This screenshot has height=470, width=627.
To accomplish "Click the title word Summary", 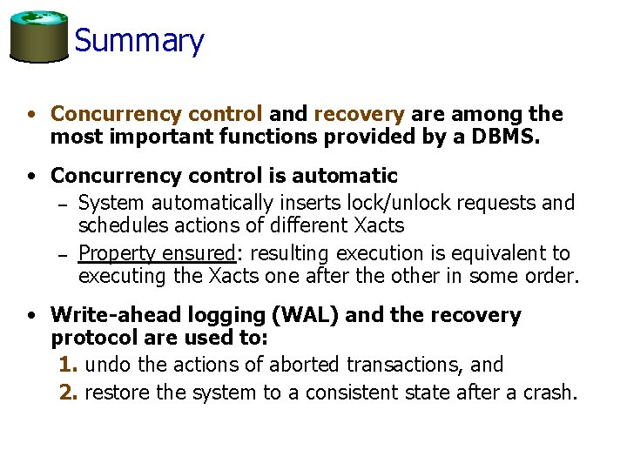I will point(139,40).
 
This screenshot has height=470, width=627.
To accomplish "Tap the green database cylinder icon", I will point(38,37).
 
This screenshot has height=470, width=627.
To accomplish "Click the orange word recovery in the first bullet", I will point(359,114).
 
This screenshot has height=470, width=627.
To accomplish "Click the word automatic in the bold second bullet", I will point(344,176).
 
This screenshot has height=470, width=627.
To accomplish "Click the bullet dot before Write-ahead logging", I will point(31,315).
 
